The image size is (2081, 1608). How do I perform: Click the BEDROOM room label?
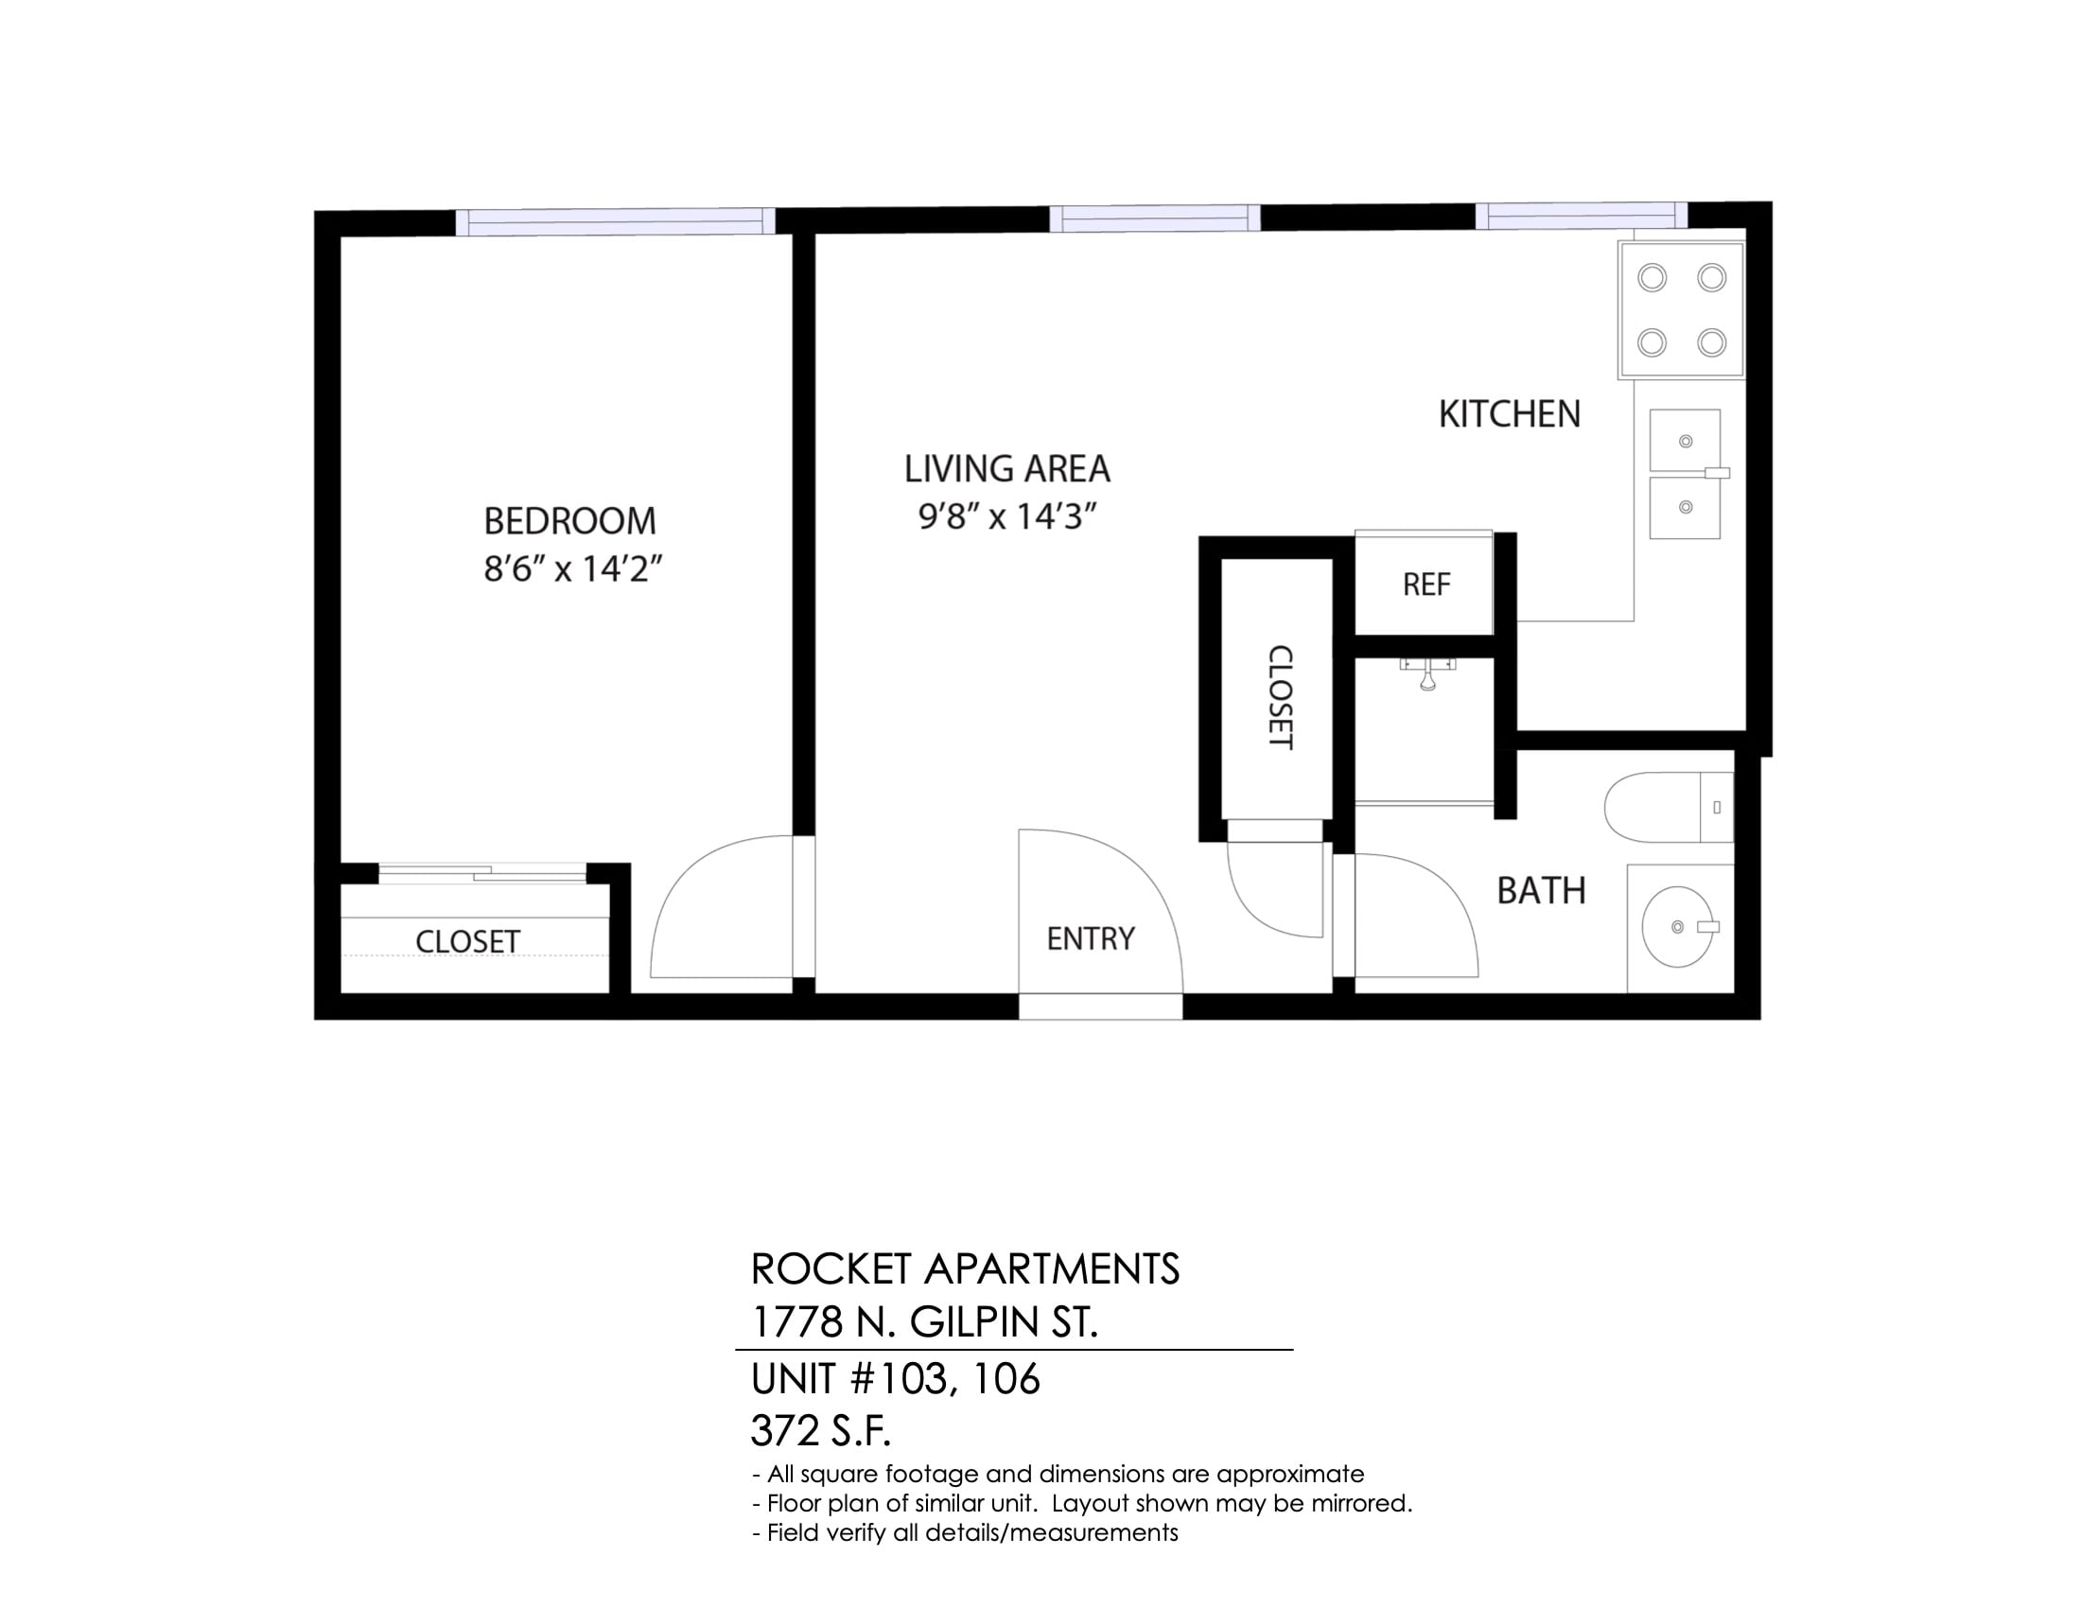pyautogui.click(x=569, y=521)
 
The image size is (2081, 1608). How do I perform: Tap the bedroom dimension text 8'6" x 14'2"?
pyautogui.click(x=572, y=568)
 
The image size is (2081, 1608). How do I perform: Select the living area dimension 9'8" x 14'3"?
pyautogui.click(x=1007, y=516)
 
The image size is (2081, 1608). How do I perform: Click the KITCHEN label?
pyautogui.click(x=1510, y=414)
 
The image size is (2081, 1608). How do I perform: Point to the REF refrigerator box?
pyautogui.click(x=1425, y=582)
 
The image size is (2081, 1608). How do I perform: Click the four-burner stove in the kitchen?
pyautogui.click(x=1682, y=309)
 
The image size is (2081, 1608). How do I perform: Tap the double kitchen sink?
pyautogui.click(x=1687, y=475)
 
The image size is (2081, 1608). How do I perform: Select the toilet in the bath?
pyautogui.click(x=1669, y=807)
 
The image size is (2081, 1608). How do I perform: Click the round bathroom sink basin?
pyautogui.click(x=1678, y=927)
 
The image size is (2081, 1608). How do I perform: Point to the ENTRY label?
pyautogui.click(x=1091, y=939)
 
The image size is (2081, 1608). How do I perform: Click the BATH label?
pyautogui.click(x=1541, y=891)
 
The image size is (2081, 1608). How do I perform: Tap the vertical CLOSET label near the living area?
pyautogui.click(x=1280, y=697)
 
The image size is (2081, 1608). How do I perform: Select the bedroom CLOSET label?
pyautogui.click(x=467, y=941)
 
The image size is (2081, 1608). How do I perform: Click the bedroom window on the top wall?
pyautogui.click(x=616, y=221)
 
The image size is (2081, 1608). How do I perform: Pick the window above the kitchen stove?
pyautogui.click(x=1582, y=217)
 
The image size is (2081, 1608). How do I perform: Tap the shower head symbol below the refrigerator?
pyautogui.click(x=1427, y=673)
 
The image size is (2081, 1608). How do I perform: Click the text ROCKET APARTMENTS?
pyautogui.click(x=965, y=1268)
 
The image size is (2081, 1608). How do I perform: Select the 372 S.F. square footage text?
pyautogui.click(x=820, y=1430)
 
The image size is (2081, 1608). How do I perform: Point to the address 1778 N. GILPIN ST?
pyautogui.click(x=924, y=1322)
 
